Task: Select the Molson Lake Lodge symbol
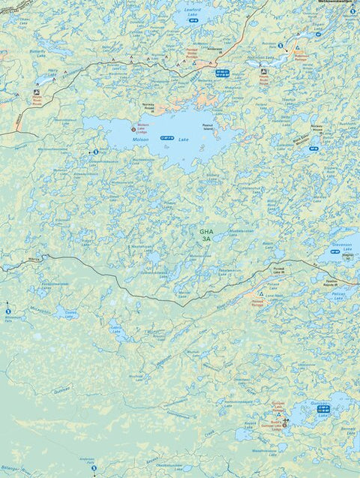[x=134, y=128]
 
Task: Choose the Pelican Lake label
[x=338, y=296]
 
